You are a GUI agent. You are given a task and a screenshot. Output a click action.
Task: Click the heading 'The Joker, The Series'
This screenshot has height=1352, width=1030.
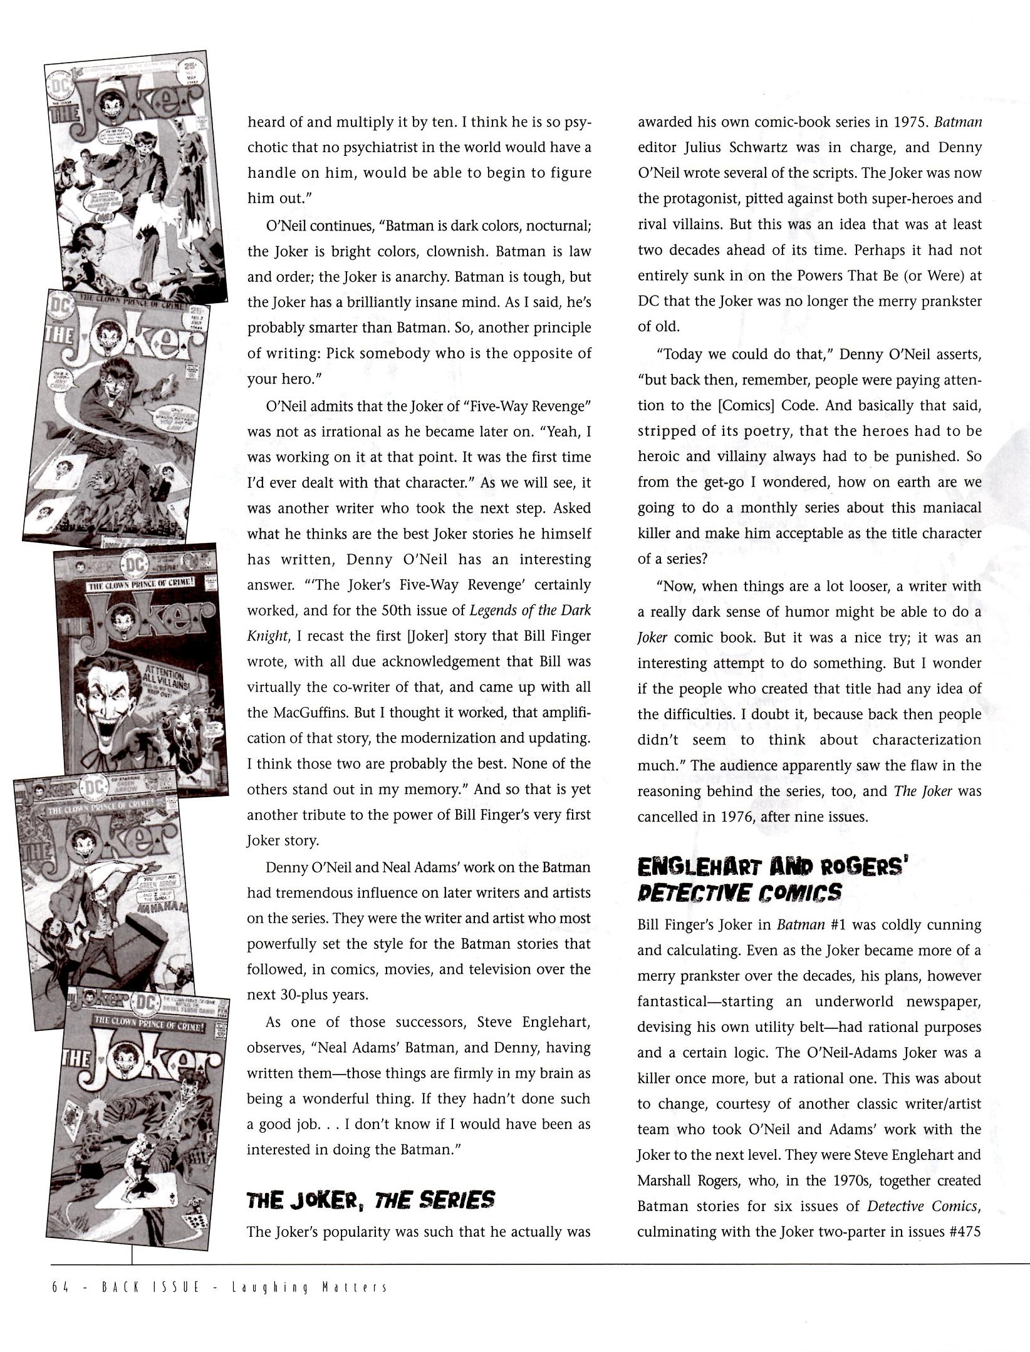click(371, 1200)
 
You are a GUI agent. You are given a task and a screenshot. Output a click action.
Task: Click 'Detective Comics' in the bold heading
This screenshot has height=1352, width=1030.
click(739, 892)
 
